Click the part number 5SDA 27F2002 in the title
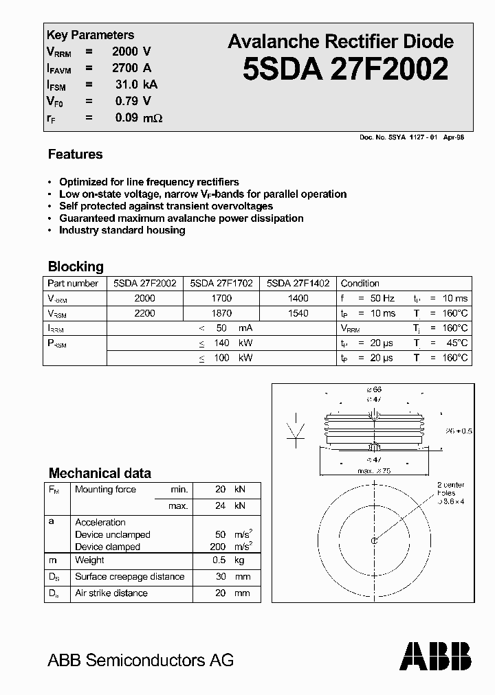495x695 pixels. click(x=346, y=70)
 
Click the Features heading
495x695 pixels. click(x=75, y=155)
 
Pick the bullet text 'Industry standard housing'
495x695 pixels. click(x=122, y=230)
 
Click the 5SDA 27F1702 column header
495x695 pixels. click(x=221, y=283)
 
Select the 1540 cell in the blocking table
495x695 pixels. click(x=298, y=313)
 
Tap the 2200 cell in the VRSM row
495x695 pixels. click(x=145, y=313)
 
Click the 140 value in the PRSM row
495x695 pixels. click(x=221, y=343)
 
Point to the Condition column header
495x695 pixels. click(x=360, y=283)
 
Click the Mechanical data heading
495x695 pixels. click(x=100, y=473)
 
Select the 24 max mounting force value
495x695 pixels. click(x=220, y=506)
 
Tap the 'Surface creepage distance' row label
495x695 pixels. click(x=129, y=577)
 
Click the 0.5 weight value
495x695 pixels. click(x=220, y=560)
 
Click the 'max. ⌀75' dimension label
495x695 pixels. click(x=374, y=470)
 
